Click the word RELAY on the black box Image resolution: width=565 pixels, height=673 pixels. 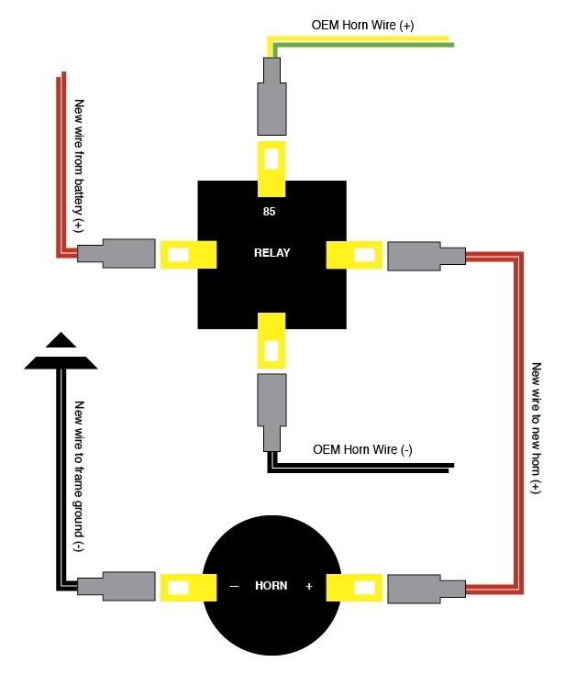(271, 253)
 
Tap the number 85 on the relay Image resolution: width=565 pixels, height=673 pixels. (269, 211)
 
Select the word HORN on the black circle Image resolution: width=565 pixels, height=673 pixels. (271, 586)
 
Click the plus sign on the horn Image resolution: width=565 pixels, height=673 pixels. (309, 586)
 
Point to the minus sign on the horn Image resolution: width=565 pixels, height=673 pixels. (234, 586)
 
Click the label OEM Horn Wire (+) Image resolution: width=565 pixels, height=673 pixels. (363, 26)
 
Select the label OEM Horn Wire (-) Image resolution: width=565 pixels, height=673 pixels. (362, 449)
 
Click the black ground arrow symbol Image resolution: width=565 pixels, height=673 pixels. (60, 354)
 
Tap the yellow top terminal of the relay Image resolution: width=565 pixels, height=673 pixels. (271, 169)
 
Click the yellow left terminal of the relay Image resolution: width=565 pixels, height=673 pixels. (187, 254)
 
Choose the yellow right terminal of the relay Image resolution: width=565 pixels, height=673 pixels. (355, 254)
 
